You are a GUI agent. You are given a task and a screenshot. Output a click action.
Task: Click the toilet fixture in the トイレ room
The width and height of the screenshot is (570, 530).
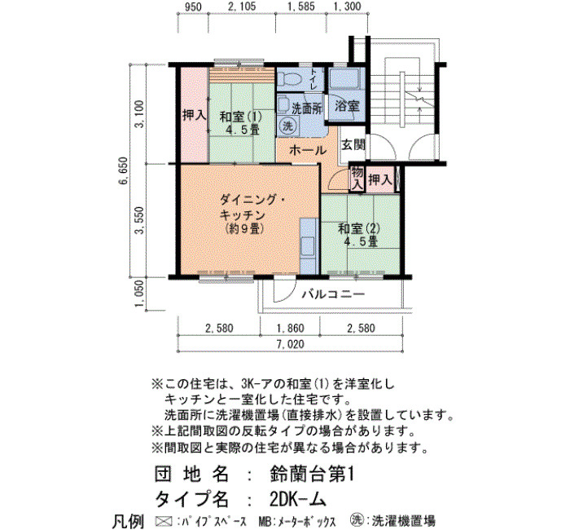(289, 79)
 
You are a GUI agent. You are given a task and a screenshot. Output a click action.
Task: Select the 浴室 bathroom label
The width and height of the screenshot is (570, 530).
(347, 106)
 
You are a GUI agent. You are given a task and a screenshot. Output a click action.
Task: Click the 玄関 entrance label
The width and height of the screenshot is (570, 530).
(353, 144)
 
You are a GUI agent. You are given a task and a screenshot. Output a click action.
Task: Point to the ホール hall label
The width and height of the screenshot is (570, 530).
(308, 149)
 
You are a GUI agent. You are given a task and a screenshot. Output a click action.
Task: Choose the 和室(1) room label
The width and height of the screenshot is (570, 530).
(241, 117)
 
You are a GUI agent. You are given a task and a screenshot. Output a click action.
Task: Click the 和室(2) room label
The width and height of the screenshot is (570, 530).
(359, 228)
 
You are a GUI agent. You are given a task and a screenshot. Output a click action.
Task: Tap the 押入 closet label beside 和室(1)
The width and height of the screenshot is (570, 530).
(194, 116)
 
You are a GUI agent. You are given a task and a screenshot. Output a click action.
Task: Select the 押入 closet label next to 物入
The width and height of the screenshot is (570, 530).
(380, 179)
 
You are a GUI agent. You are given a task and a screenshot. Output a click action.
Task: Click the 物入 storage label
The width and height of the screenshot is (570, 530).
(357, 179)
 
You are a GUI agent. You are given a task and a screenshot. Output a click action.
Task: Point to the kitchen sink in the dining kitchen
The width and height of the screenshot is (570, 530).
(309, 246)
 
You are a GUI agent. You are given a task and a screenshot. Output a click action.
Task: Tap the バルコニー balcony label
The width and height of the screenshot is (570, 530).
(333, 294)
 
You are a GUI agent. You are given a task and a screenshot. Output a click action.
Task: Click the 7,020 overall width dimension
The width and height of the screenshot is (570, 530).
(290, 344)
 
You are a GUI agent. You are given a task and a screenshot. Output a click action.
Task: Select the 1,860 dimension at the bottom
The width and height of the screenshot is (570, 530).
(290, 329)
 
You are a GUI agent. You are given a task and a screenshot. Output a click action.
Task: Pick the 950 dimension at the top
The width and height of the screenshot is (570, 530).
(193, 7)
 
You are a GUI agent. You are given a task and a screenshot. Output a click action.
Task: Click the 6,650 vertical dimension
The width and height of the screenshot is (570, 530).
(124, 171)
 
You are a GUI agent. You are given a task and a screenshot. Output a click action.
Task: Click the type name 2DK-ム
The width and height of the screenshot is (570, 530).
(297, 499)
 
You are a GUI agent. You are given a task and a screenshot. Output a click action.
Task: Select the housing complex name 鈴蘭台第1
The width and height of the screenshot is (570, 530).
(312, 475)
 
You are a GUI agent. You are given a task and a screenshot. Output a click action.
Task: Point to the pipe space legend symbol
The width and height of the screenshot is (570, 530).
(164, 521)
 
